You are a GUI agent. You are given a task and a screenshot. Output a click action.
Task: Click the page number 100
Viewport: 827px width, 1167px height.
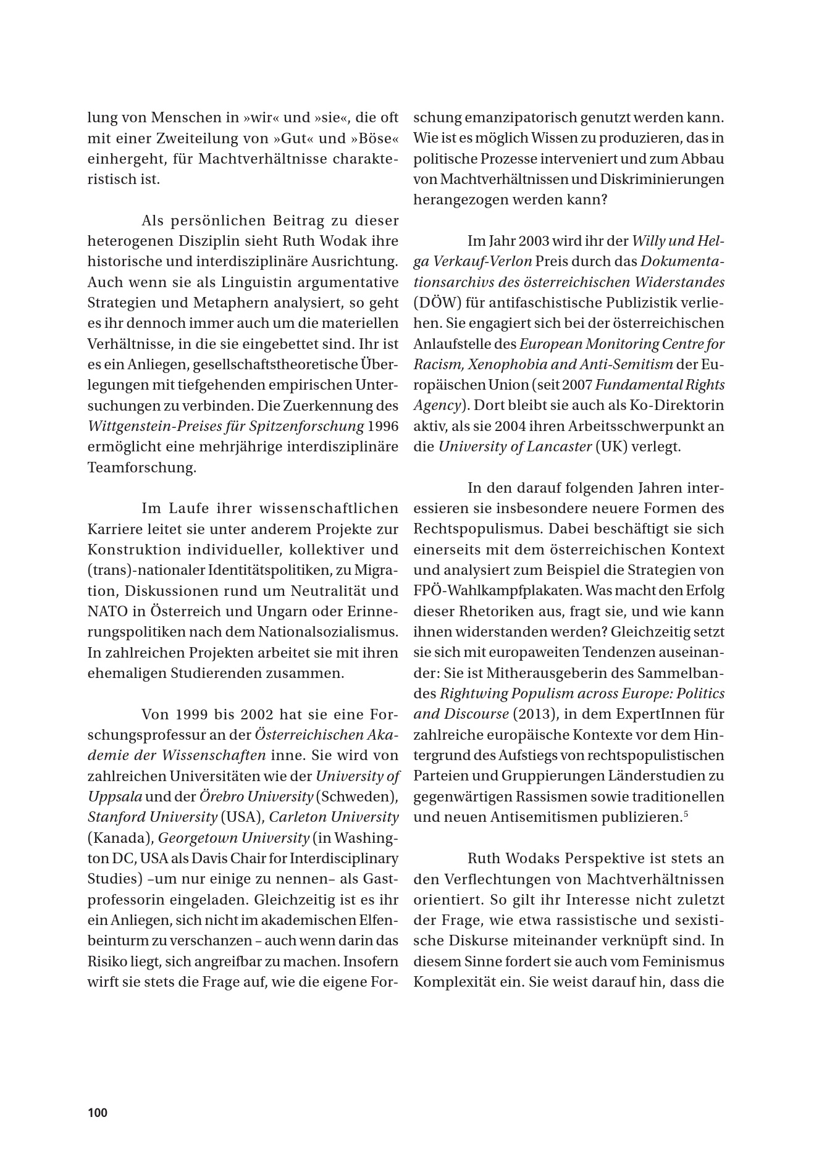pyautogui.click(x=98, y=1113)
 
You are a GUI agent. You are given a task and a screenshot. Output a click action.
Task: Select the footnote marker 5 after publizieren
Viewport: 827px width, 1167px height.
pyautogui.click(x=686, y=814)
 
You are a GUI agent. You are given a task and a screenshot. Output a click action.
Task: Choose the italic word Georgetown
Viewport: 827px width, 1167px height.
pyautogui.click(x=196, y=838)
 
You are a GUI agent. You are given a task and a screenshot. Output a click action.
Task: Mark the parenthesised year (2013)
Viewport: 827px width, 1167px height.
pyautogui.click(x=529, y=714)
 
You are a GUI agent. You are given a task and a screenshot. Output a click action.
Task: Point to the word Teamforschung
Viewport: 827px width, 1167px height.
pyautogui.click(x=142, y=467)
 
